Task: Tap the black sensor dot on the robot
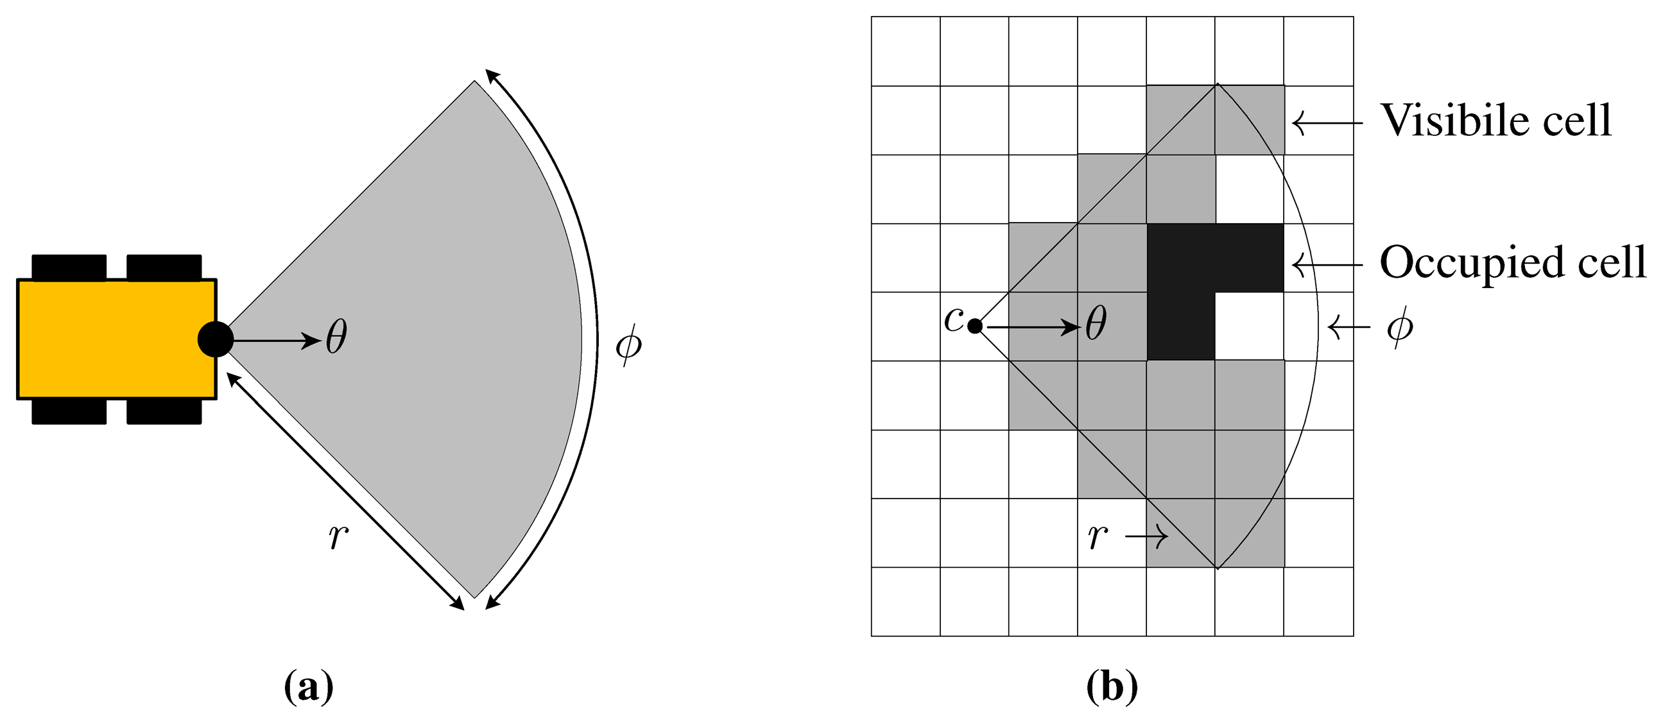pos(215,339)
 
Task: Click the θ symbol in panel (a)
pos(336,337)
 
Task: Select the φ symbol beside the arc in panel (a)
pos(628,344)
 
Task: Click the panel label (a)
pos(309,687)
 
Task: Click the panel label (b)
pos(1112,687)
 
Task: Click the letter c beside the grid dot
pos(954,318)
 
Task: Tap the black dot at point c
pos(976,327)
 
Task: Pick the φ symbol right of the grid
pos(1400,327)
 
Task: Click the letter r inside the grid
pos(1098,535)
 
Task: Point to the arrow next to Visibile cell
pos(1327,122)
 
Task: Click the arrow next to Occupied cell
pos(1327,264)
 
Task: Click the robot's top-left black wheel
pos(69,267)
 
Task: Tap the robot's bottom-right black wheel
pos(164,412)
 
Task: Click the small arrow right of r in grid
pos(1146,536)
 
